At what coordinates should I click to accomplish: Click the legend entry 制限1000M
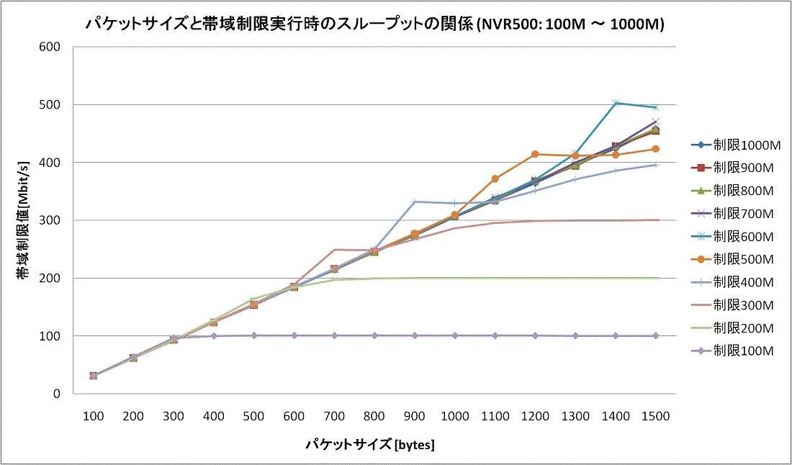[x=743, y=145]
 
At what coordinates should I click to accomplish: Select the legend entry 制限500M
[x=743, y=259]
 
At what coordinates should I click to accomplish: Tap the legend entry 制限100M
[x=743, y=351]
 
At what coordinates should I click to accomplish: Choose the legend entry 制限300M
[x=743, y=305]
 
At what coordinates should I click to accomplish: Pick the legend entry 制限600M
[x=743, y=236]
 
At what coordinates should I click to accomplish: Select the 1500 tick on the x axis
[x=655, y=416]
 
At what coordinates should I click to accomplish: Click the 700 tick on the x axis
[x=334, y=416]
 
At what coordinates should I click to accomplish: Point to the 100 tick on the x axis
[x=93, y=416]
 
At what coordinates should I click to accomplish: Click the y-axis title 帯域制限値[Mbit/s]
[x=23, y=220]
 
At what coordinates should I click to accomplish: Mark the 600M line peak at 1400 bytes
[x=616, y=103]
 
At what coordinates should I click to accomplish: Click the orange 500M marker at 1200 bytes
[x=535, y=154]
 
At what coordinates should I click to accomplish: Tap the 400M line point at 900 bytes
[x=415, y=202]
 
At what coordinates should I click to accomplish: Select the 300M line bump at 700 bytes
[x=335, y=250]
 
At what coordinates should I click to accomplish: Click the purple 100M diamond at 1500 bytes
[x=655, y=335]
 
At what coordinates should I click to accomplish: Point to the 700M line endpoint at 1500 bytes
[x=655, y=122]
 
